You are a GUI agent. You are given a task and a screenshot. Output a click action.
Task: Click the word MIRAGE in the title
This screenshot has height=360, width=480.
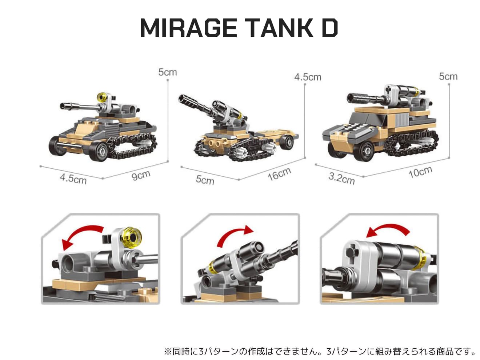point(188,28)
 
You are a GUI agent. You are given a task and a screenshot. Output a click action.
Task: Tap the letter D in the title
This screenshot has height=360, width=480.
point(329,28)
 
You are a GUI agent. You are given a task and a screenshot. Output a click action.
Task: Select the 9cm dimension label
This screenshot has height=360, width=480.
point(141,176)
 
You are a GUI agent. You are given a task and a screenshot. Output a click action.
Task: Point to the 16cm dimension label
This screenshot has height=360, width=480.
point(280,174)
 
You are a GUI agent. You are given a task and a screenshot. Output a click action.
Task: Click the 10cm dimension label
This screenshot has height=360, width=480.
point(420,172)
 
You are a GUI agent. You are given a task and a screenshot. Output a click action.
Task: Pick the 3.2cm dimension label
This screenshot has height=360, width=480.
point(341,179)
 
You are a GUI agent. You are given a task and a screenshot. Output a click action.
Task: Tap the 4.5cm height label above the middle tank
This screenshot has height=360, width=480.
point(308,77)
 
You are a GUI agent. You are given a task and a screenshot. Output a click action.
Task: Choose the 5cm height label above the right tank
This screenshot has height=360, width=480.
point(448,76)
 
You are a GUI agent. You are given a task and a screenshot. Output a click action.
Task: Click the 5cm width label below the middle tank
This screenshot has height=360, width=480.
point(205,180)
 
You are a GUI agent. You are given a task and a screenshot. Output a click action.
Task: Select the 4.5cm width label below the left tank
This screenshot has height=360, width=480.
point(73,179)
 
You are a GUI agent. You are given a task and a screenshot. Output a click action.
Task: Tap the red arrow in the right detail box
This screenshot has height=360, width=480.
point(388,227)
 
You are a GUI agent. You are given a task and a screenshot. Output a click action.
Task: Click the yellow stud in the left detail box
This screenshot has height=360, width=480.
point(132,237)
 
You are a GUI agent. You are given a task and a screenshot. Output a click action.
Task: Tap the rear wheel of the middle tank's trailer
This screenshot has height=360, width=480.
point(287,142)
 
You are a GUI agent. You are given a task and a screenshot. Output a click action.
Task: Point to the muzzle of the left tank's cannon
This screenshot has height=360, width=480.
point(63,106)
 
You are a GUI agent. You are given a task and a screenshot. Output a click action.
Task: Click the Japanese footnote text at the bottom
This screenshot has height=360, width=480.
point(320,352)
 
